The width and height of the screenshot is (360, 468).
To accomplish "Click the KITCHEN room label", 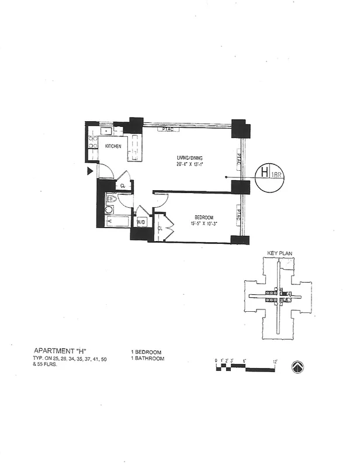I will pyautogui.click(x=113, y=146).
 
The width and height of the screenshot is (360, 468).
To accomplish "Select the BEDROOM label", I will pyautogui.click(x=203, y=216).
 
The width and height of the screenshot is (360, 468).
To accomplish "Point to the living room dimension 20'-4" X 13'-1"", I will pyautogui.click(x=192, y=164).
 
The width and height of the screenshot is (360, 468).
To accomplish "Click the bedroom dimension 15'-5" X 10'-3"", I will pyautogui.click(x=203, y=223).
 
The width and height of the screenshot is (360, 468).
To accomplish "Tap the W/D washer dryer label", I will pyautogui.click(x=141, y=223).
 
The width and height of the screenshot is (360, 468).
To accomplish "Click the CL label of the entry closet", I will pyautogui.click(x=123, y=186).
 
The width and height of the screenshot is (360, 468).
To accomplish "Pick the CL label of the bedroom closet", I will pyautogui.click(x=160, y=228).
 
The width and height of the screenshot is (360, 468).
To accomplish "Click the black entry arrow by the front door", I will pyautogui.click(x=89, y=171).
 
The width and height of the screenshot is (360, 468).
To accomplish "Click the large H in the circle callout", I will pyautogui.click(x=264, y=173).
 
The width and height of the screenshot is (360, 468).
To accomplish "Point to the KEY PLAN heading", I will pyautogui.click(x=279, y=254).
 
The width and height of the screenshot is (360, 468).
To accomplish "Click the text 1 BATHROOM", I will pyautogui.click(x=147, y=358).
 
